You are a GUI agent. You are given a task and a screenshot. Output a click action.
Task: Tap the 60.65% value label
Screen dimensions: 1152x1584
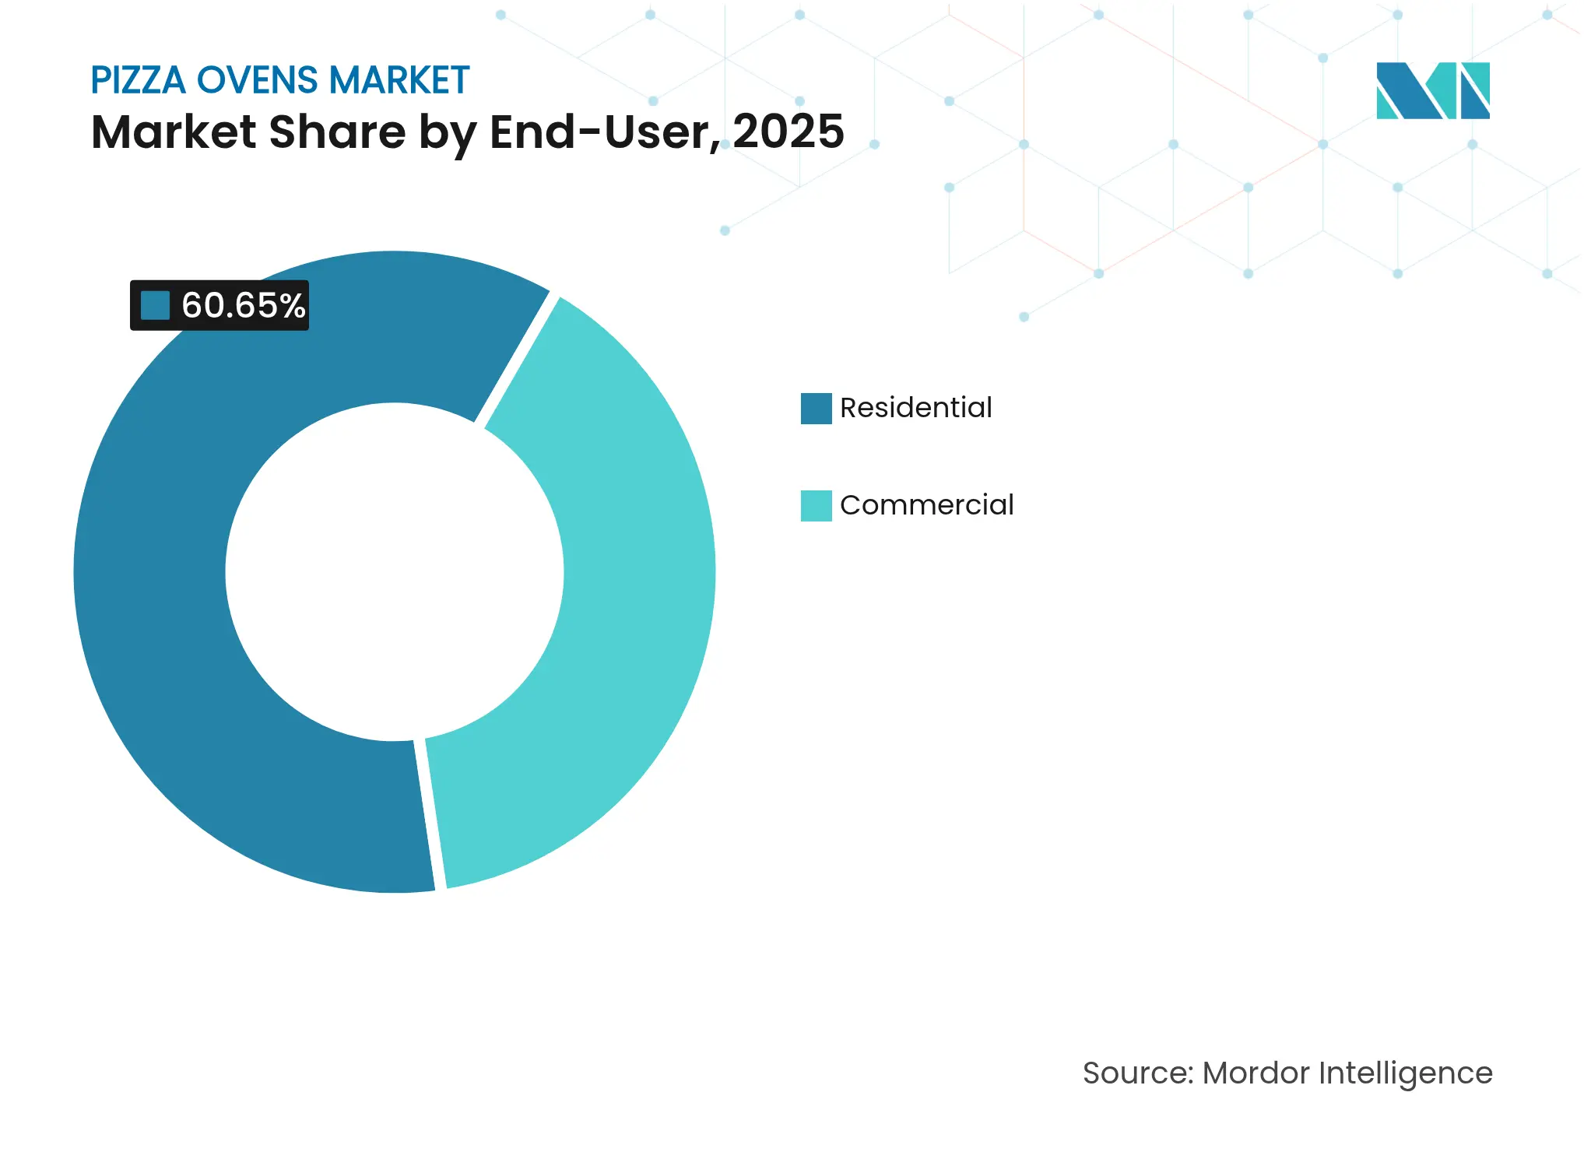click(243, 305)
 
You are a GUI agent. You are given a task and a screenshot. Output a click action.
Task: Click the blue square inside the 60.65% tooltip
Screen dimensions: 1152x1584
click(155, 305)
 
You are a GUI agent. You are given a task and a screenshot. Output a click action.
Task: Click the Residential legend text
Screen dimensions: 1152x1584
click(915, 408)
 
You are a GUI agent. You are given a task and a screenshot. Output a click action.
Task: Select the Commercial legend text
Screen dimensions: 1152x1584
click(926, 505)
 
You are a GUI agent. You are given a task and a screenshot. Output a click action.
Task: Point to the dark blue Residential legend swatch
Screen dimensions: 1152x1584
click(816, 408)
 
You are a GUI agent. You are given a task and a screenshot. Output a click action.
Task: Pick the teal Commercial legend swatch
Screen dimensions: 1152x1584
click(816, 505)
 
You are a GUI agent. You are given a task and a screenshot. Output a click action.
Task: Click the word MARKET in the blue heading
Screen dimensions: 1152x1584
click(399, 80)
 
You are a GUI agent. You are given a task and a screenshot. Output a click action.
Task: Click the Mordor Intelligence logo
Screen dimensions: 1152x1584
click(1432, 90)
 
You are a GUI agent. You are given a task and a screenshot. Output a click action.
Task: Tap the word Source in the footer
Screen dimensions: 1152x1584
click(1136, 1073)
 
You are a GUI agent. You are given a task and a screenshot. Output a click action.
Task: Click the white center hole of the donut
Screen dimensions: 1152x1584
click(395, 572)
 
